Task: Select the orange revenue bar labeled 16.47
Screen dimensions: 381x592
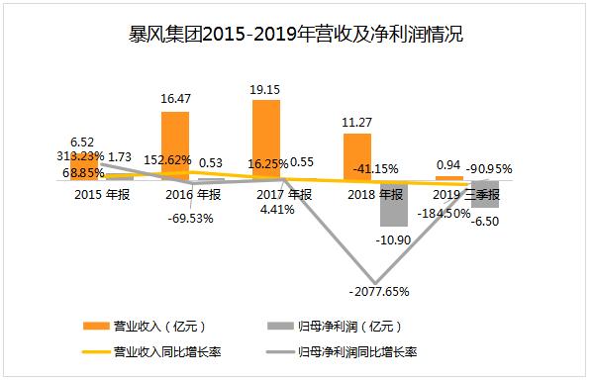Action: (175, 144)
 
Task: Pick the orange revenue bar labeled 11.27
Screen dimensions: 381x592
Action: (356, 155)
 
